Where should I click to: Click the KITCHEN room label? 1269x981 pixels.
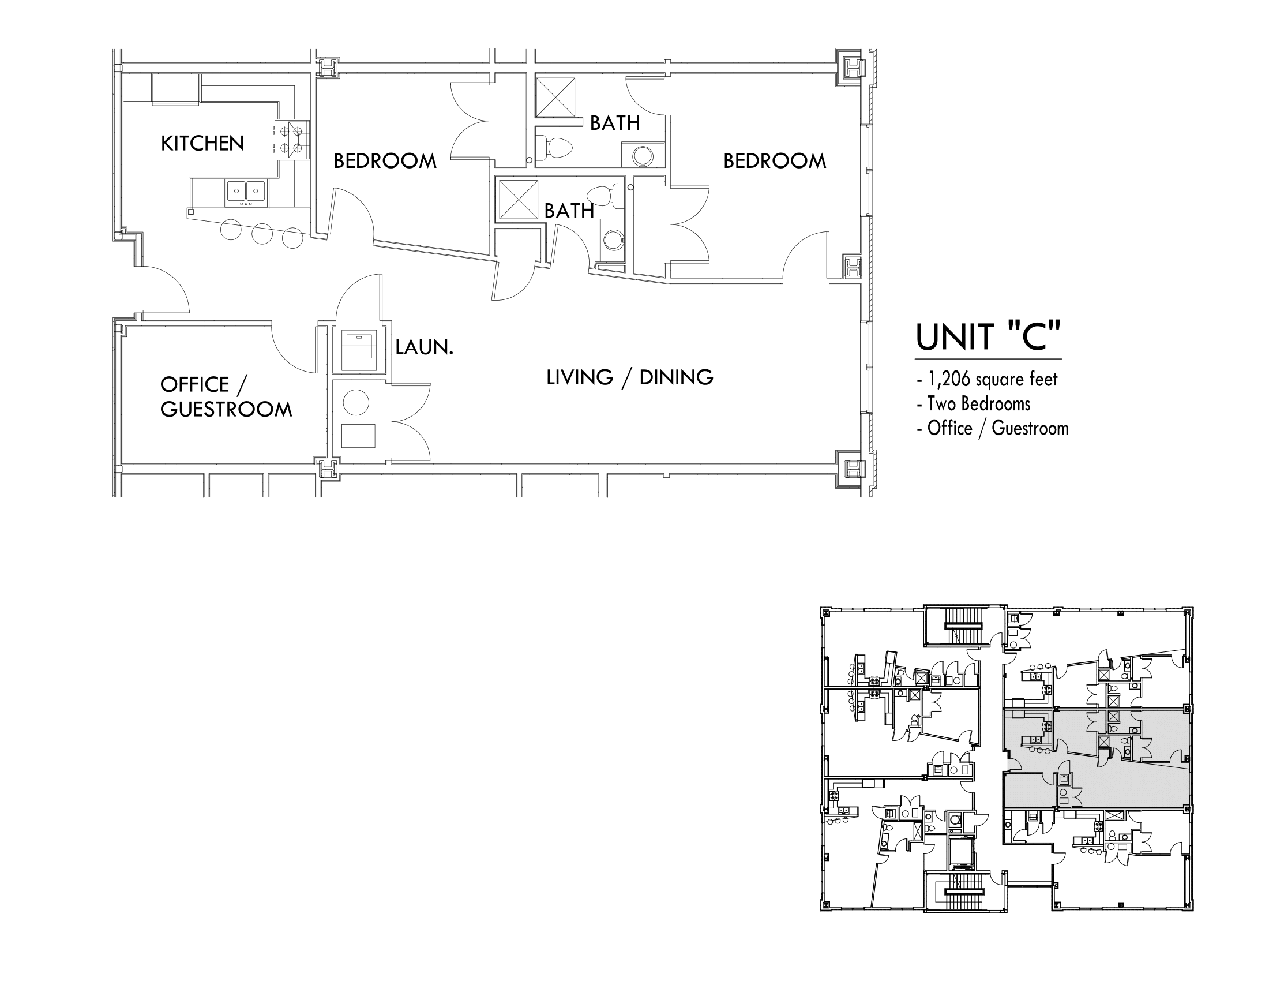pos(202,144)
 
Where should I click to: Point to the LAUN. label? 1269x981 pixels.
pos(423,347)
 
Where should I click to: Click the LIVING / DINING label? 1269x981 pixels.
pos(629,377)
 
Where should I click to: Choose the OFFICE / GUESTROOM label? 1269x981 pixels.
pos(226,397)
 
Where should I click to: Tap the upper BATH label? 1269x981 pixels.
pos(615,123)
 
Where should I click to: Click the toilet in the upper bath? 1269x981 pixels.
pos(554,147)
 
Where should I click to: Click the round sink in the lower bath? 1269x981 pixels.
pos(613,239)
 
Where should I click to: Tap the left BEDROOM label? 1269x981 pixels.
pos(385,161)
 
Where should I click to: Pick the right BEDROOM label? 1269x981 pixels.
pos(775,161)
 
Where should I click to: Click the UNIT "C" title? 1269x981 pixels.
pos(988,337)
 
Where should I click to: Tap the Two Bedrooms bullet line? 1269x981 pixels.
pos(973,403)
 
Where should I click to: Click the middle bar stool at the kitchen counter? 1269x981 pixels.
pos(262,234)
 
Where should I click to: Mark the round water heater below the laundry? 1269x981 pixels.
pos(355,402)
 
